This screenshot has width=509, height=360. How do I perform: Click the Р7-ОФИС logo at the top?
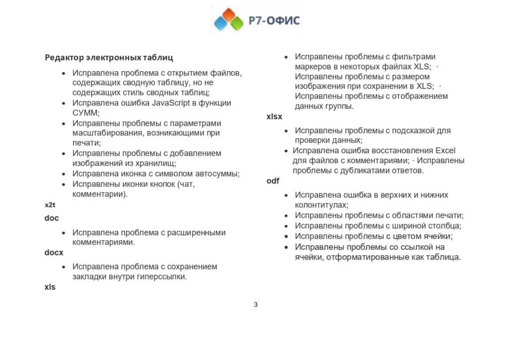[256, 20]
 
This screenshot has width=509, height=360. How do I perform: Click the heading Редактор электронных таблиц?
[109, 58]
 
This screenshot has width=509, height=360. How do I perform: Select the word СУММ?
[85, 113]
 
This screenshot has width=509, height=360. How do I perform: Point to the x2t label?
[50, 205]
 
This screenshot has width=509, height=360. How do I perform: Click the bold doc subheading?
[52, 218]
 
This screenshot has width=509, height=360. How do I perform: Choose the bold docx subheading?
[54, 253]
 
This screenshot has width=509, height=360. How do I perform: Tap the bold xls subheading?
[50, 287]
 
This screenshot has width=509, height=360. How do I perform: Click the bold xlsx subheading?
[274, 117]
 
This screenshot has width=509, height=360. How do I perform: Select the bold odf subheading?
[273, 181]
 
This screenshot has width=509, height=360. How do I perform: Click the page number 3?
[255, 305]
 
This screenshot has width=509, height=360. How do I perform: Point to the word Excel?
[445, 150]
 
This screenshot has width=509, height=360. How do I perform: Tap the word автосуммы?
[218, 174]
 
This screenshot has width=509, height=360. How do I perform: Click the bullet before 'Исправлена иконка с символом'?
[63, 174]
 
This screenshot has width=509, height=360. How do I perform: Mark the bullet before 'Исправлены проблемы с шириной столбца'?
[285, 226]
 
